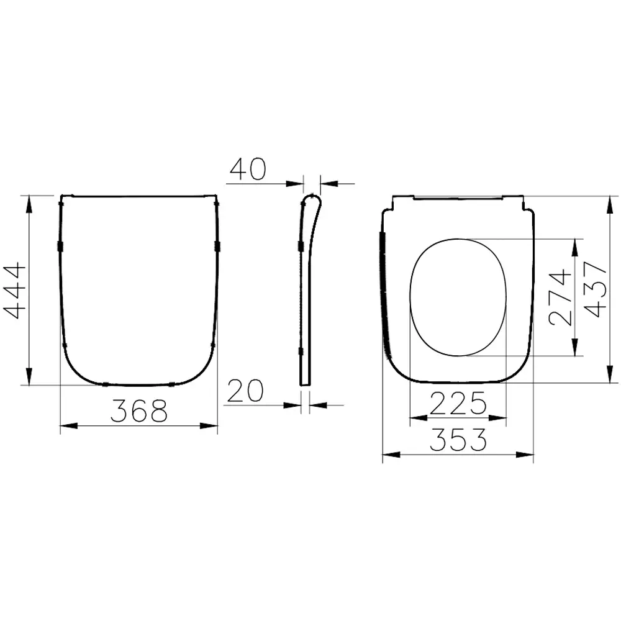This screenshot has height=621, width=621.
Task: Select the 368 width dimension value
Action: (139, 410)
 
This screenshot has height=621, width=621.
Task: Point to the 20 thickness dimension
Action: (245, 391)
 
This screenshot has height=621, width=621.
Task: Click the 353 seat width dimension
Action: (458, 440)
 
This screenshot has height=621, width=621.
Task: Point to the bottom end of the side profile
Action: (305, 383)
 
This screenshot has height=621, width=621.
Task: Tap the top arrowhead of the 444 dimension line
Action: (29, 202)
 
